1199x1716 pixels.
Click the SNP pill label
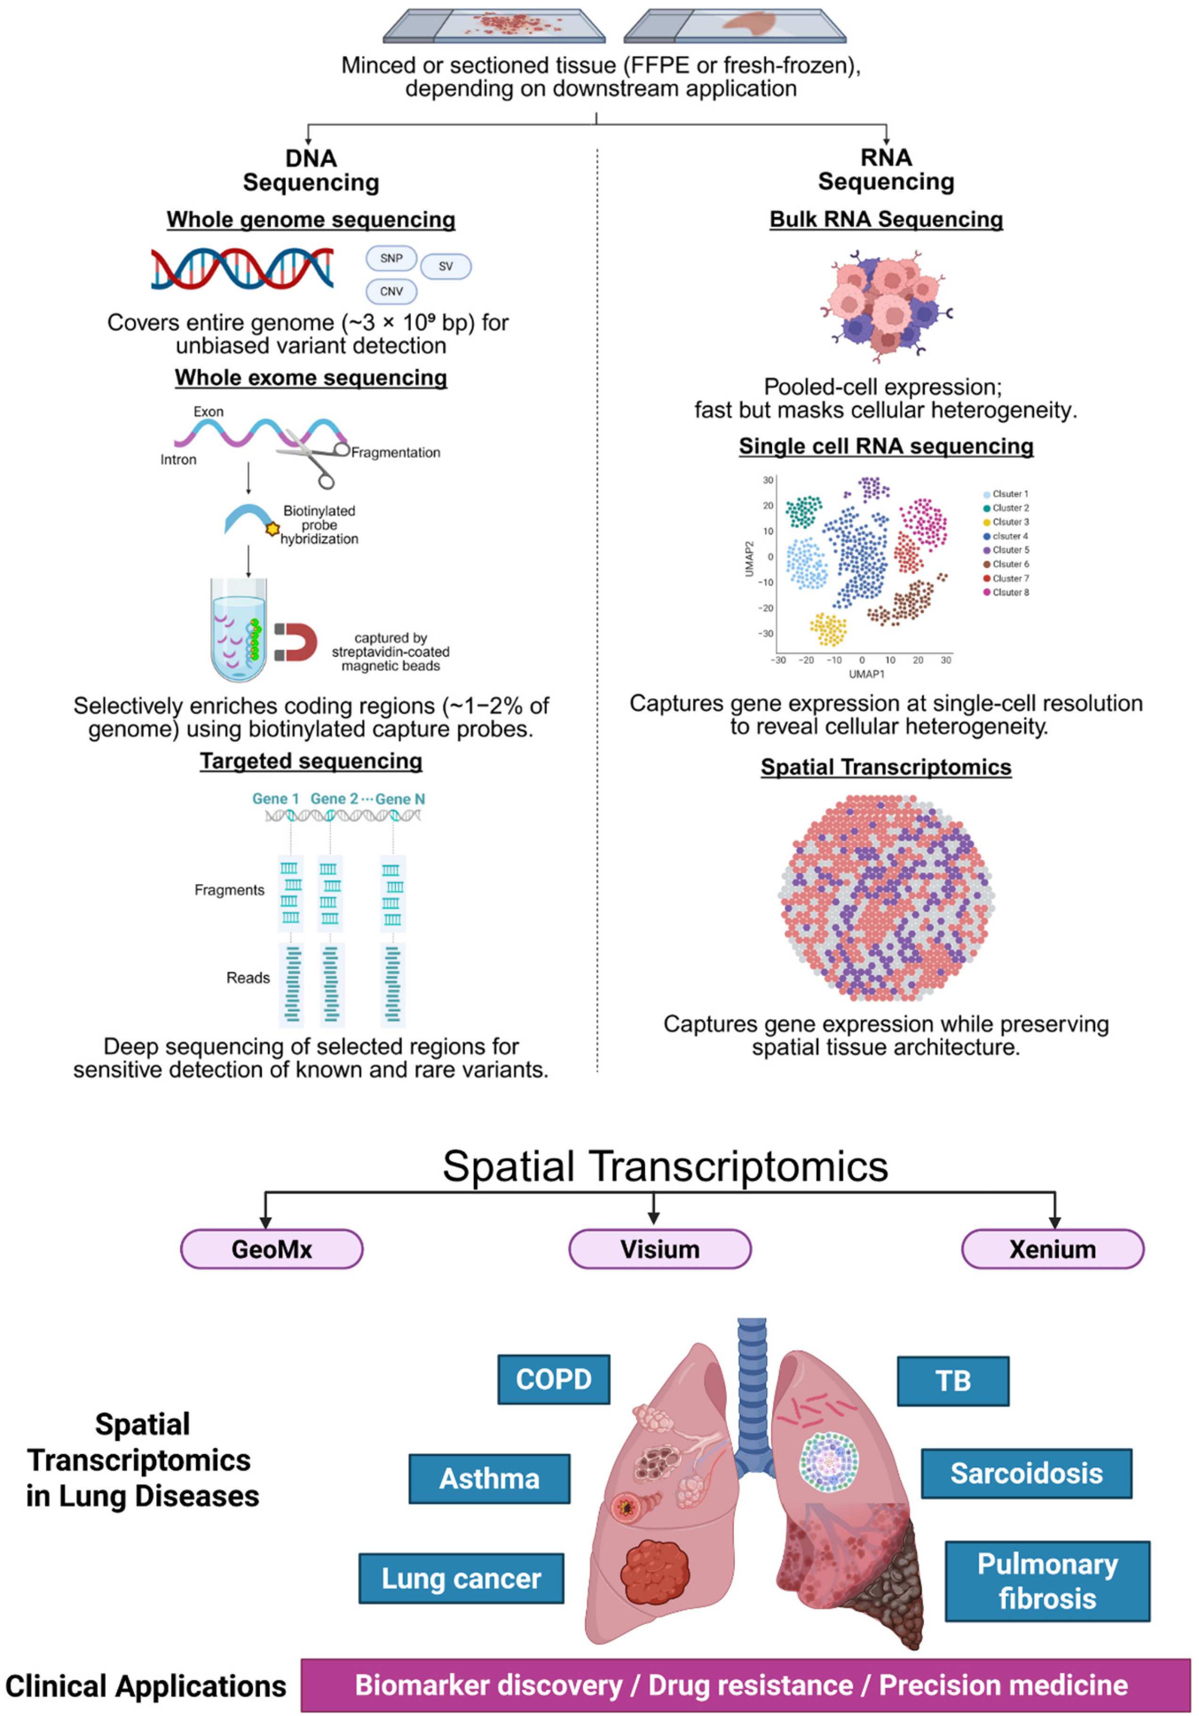tap(391, 259)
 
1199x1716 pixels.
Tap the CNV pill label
tap(391, 292)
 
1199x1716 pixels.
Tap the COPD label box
tap(554, 1379)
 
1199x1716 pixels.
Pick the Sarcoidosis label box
tap(1026, 1473)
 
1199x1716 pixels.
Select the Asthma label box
tap(489, 1478)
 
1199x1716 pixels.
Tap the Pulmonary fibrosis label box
tap(1047, 1581)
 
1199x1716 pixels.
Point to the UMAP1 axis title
tap(866, 674)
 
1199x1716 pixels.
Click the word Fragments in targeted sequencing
tap(229, 890)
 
